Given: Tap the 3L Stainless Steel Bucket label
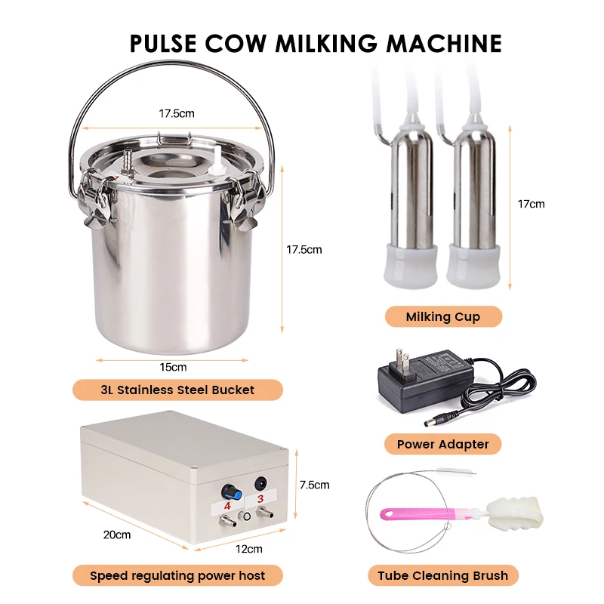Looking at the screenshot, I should click(177, 390).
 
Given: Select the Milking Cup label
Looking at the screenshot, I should click(442, 316).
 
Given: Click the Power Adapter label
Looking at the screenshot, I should click(442, 444).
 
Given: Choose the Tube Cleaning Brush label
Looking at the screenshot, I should click(442, 576).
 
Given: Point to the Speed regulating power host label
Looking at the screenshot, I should click(177, 576).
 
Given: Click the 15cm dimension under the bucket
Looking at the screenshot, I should click(173, 368).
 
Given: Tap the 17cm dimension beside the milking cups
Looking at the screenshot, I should click(531, 204).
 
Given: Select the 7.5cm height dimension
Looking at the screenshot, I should click(314, 485).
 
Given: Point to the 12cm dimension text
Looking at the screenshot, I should click(249, 549).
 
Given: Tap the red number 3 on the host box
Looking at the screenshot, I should click(260, 498).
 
